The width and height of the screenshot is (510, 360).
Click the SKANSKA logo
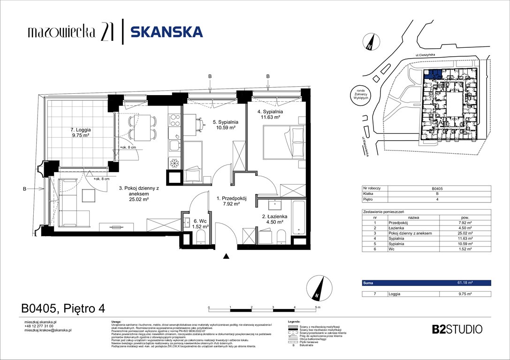[x=166, y=32]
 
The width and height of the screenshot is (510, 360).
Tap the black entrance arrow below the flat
[x=227, y=256]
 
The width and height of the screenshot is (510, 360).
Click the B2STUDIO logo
[x=457, y=329]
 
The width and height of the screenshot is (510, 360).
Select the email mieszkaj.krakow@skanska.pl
[x=48, y=330]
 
